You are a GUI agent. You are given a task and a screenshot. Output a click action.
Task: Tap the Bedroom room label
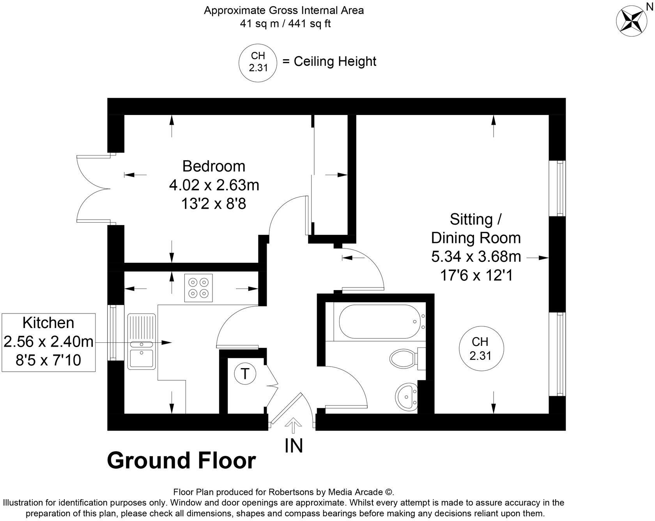pyautogui.click(x=214, y=166)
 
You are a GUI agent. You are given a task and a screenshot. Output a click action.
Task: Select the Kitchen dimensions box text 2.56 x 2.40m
pyautogui.click(x=48, y=341)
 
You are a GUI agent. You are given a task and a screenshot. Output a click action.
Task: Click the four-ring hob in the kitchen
pyautogui.click(x=198, y=288)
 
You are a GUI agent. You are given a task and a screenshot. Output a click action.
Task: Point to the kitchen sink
pyautogui.click(x=142, y=342)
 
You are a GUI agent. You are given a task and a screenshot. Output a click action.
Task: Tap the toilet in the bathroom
pyautogui.click(x=407, y=358)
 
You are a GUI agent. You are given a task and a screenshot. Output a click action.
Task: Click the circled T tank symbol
pyautogui.click(x=244, y=374)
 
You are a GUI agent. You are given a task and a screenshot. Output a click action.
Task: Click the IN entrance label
pyautogui.click(x=294, y=445)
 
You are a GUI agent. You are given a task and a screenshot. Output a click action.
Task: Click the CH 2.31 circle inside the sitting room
pyautogui.click(x=481, y=348)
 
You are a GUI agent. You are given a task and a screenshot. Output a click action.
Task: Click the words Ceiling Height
pyautogui.click(x=335, y=62)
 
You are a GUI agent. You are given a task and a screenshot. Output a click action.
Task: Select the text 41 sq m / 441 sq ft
pyautogui.click(x=285, y=23)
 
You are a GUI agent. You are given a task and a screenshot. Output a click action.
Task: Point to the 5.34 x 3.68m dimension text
pyautogui.click(x=476, y=256)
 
